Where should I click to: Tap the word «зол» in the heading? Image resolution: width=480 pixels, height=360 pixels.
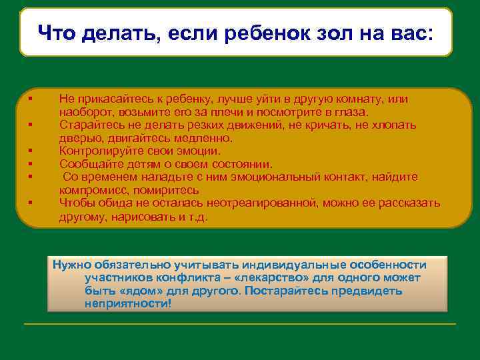pos(340,32)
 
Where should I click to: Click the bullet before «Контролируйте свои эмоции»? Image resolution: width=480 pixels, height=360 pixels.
pos(31,151)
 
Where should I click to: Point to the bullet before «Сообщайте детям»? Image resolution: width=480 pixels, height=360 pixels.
pos(31,164)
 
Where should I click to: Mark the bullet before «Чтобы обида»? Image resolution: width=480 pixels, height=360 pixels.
pos(31,203)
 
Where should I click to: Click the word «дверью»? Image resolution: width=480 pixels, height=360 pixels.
pos(77,138)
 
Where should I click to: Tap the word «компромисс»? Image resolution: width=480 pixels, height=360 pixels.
pos(90,190)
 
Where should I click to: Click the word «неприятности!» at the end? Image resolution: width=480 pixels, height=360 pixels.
pos(128,303)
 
